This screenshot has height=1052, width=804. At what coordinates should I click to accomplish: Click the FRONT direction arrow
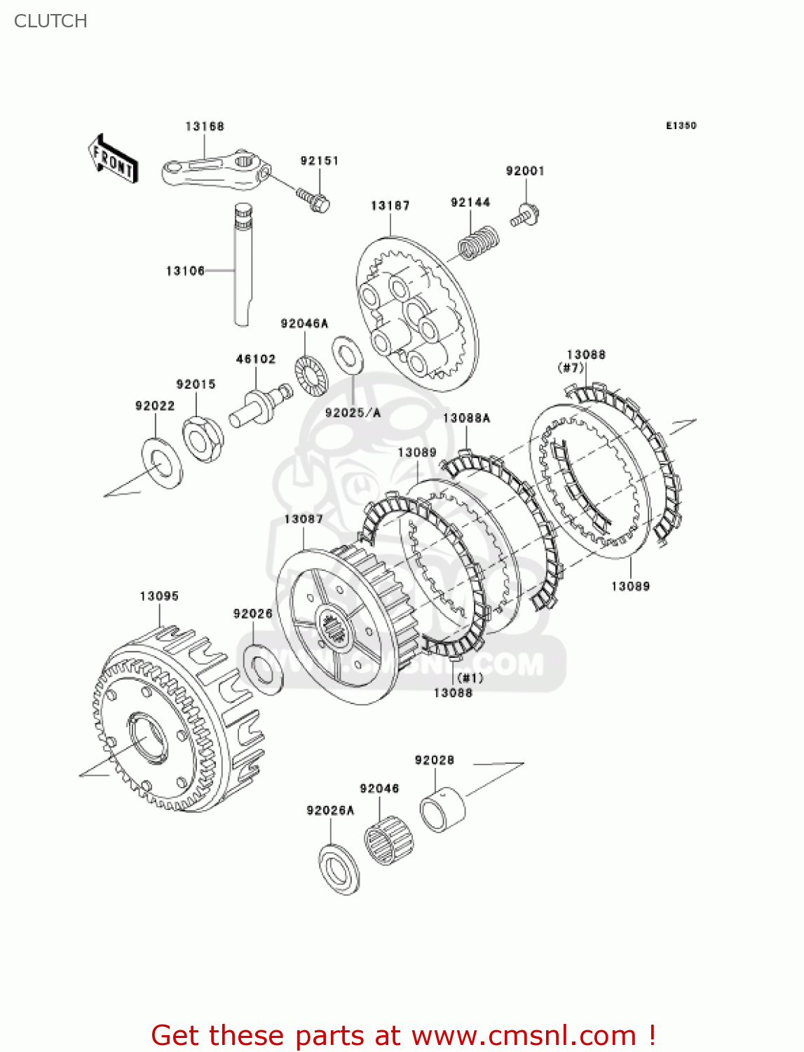[x=112, y=160]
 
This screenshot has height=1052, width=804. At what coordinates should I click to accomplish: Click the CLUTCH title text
[x=50, y=21]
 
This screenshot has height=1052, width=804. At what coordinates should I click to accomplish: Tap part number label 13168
[x=205, y=126]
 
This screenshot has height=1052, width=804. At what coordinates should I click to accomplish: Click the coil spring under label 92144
[x=478, y=243]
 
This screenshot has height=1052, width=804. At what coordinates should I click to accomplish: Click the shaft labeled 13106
[x=241, y=267]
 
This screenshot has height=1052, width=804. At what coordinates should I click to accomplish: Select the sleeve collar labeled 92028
[x=442, y=809]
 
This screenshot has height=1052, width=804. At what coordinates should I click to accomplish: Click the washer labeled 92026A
[x=339, y=870]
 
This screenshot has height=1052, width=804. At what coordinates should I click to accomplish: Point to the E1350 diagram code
[x=681, y=126]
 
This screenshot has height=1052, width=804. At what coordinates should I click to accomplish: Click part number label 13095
[x=159, y=596]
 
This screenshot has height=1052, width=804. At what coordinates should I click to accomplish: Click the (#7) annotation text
[x=571, y=367]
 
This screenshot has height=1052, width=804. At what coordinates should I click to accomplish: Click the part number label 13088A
[x=466, y=418]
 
